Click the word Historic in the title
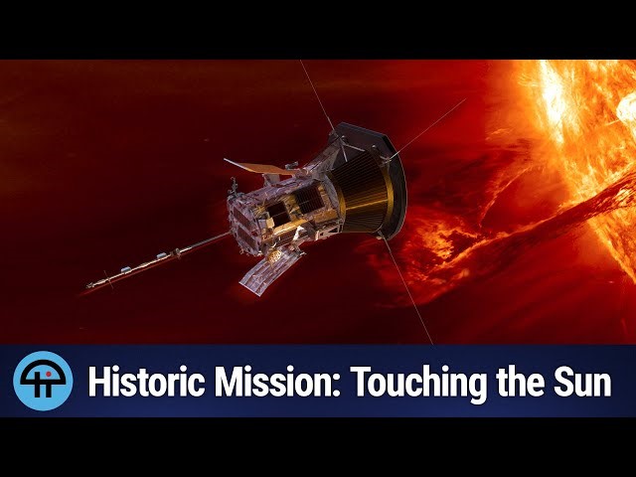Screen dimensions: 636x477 tap(146, 382)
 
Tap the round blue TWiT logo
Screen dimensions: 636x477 tap(43, 381)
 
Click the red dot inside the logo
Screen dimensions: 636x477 tap(49, 374)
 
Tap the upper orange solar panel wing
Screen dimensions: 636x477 tap(259, 166)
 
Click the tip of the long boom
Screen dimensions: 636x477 tap(87, 286)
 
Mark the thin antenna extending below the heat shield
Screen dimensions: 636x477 tap(406, 289)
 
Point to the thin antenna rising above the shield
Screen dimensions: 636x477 tap(317, 95)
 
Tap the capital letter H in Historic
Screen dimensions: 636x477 tap(99, 382)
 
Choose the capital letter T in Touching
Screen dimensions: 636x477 tap(365, 382)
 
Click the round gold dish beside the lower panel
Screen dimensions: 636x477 tap(275, 256)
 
